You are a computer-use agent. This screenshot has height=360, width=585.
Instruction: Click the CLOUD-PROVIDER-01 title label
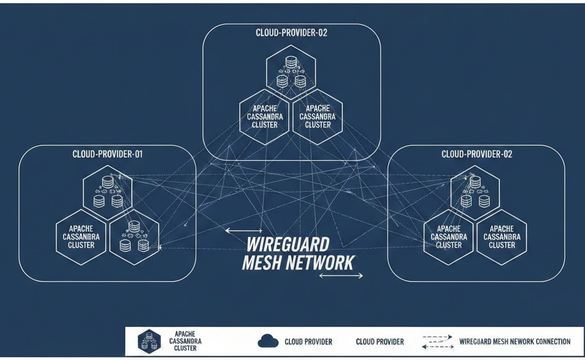(108, 154)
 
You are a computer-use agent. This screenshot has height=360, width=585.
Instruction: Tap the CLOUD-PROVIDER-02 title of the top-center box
(292, 33)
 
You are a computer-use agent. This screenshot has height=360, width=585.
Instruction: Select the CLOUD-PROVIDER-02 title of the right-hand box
(477, 154)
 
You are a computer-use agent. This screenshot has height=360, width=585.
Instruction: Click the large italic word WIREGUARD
(288, 245)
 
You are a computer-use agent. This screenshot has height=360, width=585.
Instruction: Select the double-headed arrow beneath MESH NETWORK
(341, 275)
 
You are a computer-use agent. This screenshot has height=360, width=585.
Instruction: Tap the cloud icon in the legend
(268, 342)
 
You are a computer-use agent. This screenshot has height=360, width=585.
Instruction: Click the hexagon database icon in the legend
(149, 342)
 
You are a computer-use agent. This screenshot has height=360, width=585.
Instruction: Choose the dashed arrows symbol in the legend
(437, 342)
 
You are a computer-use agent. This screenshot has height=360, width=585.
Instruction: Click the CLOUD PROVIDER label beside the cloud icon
(308, 342)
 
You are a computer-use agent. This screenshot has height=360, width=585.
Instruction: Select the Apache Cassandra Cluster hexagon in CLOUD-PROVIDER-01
(81, 237)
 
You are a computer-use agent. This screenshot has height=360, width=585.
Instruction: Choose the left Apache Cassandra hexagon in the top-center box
(265, 116)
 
